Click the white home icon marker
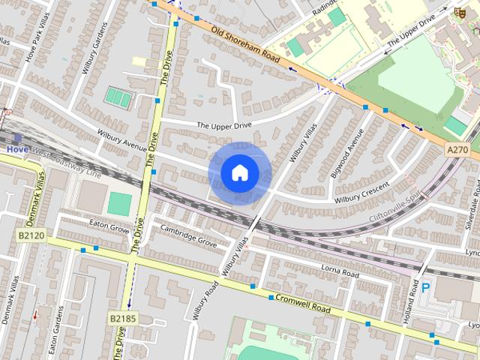point(238,173)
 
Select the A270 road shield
point(457,150)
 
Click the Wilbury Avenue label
point(121,139)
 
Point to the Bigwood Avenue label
point(346,154)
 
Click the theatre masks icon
point(457,10)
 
